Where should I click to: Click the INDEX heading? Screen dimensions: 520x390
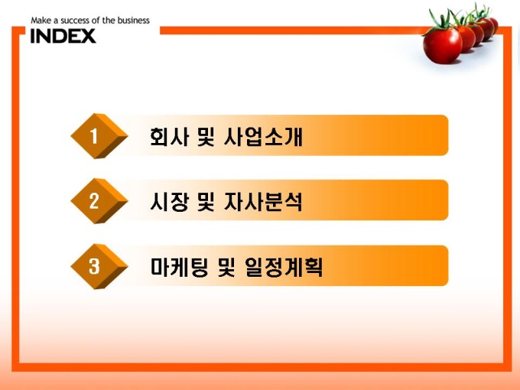[x=63, y=36]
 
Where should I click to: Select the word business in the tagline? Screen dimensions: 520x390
[x=133, y=21]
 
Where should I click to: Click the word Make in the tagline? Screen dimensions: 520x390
[x=41, y=21]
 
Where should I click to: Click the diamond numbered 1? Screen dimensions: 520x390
[x=99, y=136]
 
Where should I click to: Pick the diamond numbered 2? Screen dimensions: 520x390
[x=99, y=201]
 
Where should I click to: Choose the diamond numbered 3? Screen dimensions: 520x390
[x=99, y=266]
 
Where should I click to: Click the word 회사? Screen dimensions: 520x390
[x=169, y=136]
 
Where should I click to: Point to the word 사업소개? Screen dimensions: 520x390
[x=263, y=136]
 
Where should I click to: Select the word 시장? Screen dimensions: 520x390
[x=169, y=201]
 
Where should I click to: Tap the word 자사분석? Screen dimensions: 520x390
[x=263, y=201]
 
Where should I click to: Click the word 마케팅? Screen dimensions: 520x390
[x=180, y=267]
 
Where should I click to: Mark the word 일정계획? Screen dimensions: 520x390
[x=284, y=267]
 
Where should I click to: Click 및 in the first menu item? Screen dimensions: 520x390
[x=206, y=136]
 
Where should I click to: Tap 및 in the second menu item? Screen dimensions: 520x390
[x=206, y=201]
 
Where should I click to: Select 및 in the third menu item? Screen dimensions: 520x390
[x=226, y=267]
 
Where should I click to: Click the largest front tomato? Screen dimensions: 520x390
[x=443, y=46]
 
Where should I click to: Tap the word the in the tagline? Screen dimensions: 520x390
[x=109, y=21]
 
